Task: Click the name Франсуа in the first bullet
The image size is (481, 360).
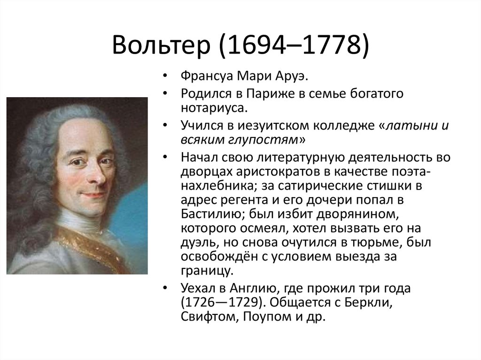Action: [x=207, y=76]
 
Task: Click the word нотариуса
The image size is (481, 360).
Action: [x=214, y=108]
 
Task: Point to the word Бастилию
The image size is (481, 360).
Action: [x=212, y=214]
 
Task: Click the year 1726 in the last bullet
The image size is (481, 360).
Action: [x=199, y=303]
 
